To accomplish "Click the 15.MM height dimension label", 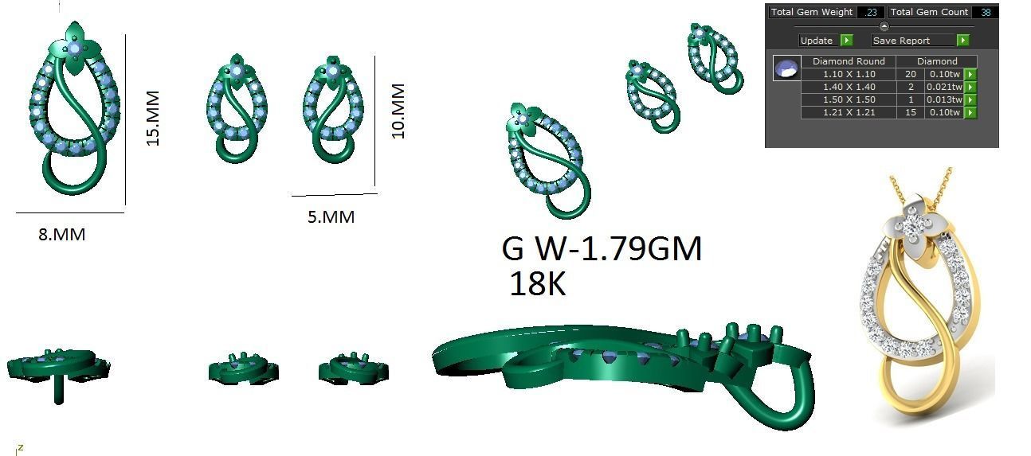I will [153, 118].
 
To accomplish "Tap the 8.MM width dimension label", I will [61, 235].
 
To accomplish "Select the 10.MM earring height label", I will [398, 111].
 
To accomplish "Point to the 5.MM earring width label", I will [331, 216].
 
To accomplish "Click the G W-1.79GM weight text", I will [602, 249].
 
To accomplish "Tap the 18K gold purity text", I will [537, 284].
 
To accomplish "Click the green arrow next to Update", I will [846, 41].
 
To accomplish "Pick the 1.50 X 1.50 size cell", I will [848, 99].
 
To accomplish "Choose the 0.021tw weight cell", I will [943, 87].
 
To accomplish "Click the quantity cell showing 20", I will [909, 74].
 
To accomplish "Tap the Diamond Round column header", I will [848, 61].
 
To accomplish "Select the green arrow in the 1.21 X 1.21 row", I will [970, 113].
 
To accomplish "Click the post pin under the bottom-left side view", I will [59, 392].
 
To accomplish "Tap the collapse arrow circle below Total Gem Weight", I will [884, 26].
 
